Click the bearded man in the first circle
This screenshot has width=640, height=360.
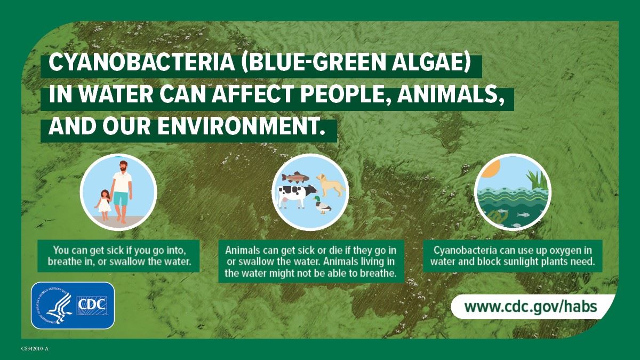(122, 189)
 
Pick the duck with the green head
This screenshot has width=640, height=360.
(321, 205)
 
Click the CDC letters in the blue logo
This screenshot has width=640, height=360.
(93, 305)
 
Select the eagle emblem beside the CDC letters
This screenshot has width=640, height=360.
(55, 306)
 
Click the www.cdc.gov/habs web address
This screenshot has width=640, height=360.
(530, 307)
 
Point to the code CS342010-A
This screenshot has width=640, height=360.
(35, 349)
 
